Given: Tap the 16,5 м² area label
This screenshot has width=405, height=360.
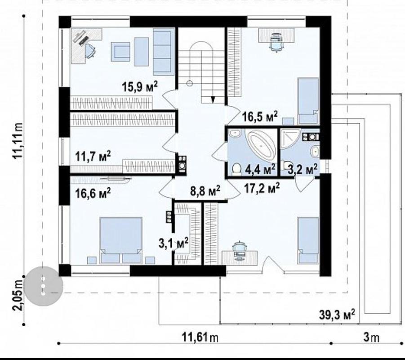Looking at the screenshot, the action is tap(260, 116).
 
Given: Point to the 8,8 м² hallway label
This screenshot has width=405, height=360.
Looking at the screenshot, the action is tap(205, 191).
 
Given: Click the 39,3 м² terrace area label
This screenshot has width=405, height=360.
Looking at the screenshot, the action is tap(337, 315).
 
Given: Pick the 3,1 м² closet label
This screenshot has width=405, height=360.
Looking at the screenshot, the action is tap(174, 243).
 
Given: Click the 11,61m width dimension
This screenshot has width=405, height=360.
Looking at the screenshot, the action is tap(200, 337).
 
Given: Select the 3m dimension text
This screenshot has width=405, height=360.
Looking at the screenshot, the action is tap(371, 337).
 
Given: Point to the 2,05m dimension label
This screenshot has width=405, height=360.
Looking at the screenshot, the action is tap(18, 295).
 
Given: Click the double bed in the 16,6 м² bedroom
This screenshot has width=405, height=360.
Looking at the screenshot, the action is tap(121, 240).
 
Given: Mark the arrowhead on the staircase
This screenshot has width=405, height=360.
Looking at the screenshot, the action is tap(213, 100).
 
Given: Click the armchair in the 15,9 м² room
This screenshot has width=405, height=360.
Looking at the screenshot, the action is tap(120, 52).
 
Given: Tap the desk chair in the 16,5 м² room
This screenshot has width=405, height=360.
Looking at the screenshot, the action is tap(276, 43).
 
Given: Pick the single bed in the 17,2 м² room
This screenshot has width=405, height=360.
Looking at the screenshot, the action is tap(308, 240).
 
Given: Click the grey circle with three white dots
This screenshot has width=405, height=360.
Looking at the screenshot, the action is tap(43, 286).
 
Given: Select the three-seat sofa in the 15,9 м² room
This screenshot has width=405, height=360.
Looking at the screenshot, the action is tap(162, 52).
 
